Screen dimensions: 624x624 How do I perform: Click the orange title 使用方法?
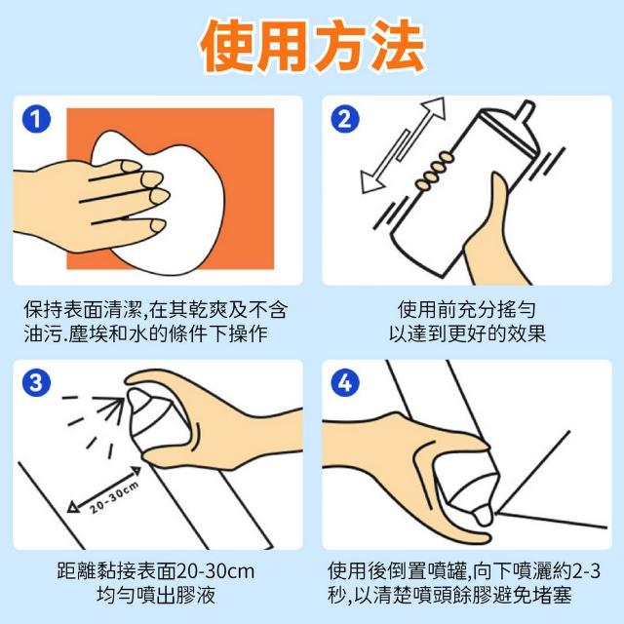tap(313, 46)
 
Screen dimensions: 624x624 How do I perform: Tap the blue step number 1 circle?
tap(36, 119)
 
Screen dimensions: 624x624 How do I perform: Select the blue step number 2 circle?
tap(345, 119)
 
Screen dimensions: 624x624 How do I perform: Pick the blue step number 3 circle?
tap(36, 382)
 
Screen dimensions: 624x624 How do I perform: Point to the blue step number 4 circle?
tap(345, 382)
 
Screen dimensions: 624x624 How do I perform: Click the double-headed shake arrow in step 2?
tap(402, 145)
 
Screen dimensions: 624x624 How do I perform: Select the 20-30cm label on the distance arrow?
tap(114, 496)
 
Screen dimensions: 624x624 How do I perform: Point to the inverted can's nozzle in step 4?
tap(484, 516)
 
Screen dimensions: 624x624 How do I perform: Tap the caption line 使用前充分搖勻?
tap(466, 309)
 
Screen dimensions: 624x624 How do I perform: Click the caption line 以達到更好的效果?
tap(467, 333)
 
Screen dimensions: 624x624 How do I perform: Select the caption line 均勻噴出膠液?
tap(156, 595)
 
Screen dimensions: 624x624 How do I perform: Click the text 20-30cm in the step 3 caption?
tap(214, 571)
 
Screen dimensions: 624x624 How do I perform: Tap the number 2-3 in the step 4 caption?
tap(586, 571)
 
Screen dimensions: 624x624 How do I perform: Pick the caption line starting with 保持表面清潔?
tap(155, 309)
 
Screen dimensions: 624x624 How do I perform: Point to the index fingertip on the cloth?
tap(132, 166)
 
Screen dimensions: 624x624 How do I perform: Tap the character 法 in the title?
tap(398, 46)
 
